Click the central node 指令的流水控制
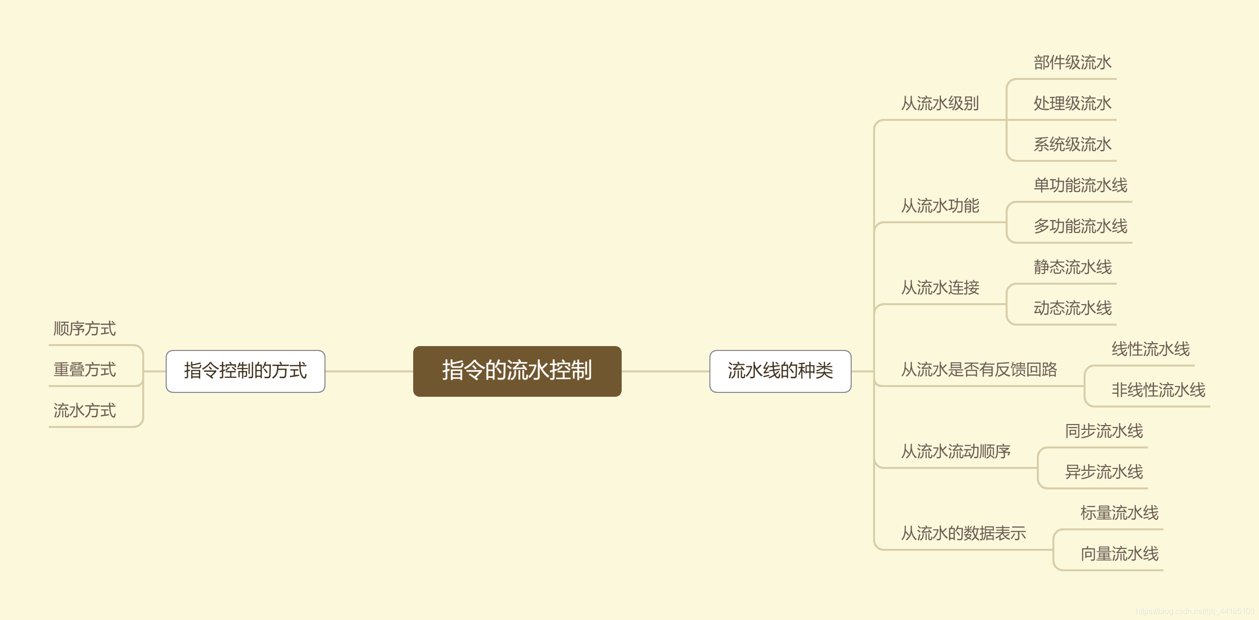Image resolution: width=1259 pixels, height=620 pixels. click(x=517, y=371)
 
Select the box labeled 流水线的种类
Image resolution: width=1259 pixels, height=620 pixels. click(x=780, y=371)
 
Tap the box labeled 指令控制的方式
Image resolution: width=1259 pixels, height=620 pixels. click(x=246, y=371)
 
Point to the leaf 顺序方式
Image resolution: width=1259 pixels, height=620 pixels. click(x=85, y=329)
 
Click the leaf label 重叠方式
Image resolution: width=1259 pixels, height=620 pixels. click(x=85, y=369)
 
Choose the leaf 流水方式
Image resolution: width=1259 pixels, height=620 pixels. click(x=85, y=411)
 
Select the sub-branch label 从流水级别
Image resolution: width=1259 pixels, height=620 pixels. click(x=940, y=104)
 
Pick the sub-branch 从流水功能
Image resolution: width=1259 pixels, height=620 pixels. click(x=940, y=206)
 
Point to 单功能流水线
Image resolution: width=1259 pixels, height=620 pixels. click(x=1080, y=185)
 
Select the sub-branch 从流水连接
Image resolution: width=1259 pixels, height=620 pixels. click(x=940, y=288)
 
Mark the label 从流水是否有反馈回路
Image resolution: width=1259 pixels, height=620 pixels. click(x=979, y=369)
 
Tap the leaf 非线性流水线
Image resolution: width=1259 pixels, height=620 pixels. click(x=1158, y=390)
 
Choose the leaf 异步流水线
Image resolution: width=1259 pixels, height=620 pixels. click(x=1104, y=472)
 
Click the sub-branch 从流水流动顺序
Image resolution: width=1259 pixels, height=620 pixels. click(x=955, y=452)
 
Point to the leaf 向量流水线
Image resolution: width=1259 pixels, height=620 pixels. click(x=1119, y=554)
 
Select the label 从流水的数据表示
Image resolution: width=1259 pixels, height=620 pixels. click(x=963, y=533)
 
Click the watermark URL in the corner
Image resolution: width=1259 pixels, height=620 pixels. click(x=1195, y=611)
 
